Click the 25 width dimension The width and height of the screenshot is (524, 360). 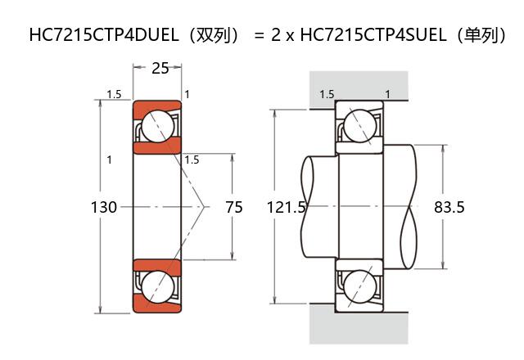click(160, 69)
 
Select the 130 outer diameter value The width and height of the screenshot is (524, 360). click(103, 208)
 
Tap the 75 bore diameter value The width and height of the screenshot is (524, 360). click(233, 208)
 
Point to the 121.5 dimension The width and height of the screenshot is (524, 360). click(286, 208)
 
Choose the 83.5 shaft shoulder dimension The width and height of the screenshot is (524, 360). click(449, 208)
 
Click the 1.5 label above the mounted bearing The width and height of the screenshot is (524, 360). click(327, 95)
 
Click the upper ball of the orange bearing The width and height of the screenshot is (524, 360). click(156, 127)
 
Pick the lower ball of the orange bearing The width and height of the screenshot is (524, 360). click(156, 288)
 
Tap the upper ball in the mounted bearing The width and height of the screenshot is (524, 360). click(359, 127)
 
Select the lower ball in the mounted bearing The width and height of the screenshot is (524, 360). click(359, 287)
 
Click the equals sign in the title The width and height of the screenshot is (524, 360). click(259, 36)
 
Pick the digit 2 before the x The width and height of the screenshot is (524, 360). click(276, 35)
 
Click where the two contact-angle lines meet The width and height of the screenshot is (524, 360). click(203, 208)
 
